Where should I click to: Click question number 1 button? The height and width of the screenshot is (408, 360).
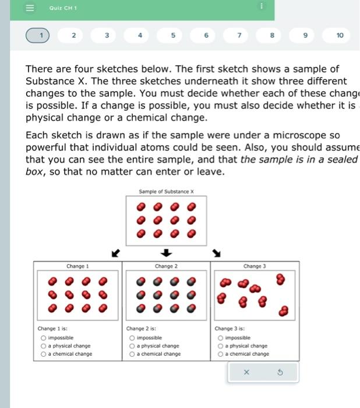41,36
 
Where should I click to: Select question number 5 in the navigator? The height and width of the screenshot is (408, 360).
173,36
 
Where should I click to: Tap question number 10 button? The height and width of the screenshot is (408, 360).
340,36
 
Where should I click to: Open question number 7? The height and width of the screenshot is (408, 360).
239,36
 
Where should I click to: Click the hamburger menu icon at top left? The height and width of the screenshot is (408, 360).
30,8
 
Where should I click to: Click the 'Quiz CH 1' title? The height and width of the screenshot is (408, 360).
63,8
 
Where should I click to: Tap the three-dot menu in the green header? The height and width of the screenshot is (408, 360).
262,6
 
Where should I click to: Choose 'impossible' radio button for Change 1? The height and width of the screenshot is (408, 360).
44,337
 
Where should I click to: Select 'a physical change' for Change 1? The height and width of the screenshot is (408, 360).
44,346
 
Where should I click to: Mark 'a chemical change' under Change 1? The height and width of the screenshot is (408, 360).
44,354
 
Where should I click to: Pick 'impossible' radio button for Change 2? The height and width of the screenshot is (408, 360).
132,337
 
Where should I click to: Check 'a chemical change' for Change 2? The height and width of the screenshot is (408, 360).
132,354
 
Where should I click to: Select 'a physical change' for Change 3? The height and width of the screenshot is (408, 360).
221,346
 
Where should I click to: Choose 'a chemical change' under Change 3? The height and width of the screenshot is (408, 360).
221,354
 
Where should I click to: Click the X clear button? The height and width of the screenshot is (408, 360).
246,372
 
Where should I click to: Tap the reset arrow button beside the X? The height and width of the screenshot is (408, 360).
280,372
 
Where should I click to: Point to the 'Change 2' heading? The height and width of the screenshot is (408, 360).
166,266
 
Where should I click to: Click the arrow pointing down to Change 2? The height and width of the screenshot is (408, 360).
167,253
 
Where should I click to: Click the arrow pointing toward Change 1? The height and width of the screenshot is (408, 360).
115,253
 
